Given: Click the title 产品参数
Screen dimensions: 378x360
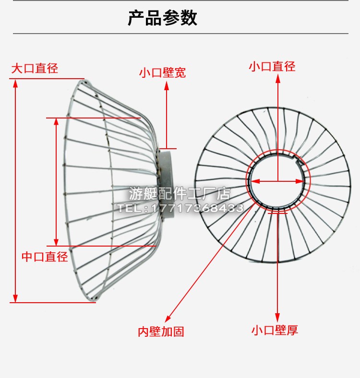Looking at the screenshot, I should click(163, 18).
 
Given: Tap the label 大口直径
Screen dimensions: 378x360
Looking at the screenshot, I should click(35, 68).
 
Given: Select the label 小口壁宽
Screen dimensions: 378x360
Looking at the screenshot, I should click(162, 73).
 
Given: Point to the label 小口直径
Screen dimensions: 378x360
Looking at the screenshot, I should click(272, 67).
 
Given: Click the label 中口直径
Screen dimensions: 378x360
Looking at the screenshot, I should click(45, 257).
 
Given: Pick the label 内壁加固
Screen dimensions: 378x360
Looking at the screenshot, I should click(161, 331).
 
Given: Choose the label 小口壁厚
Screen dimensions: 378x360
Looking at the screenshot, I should click(275, 330).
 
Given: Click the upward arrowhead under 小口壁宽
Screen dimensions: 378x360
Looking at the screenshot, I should click(167, 85).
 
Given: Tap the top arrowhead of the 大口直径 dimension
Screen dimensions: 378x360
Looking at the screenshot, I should click(16, 83).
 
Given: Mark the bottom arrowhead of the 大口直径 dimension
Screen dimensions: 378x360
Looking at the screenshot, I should click(16, 298).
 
